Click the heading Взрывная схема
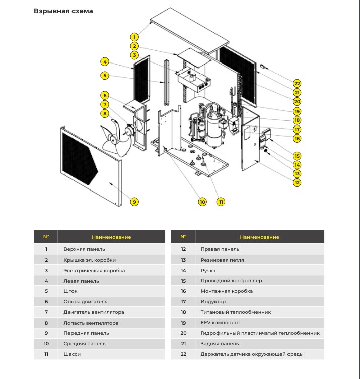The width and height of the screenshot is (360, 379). [x=63, y=11]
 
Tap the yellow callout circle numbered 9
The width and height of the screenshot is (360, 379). [x=134, y=202]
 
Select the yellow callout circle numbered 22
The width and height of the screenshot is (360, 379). [x=297, y=84]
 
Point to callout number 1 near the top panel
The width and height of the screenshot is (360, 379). [x=134, y=37]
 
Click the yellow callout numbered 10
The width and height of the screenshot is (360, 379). [x=202, y=202]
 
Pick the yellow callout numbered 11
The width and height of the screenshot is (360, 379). [x=221, y=202]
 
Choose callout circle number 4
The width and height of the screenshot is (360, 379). [x=105, y=62]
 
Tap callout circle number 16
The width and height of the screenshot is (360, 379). [x=297, y=138]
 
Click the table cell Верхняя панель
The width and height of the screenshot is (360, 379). [x=84, y=249]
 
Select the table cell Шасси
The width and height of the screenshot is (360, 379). [x=72, y=354]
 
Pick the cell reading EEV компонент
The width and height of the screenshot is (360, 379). [x=221, y=323]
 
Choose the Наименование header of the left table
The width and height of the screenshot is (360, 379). [x=111, y=237]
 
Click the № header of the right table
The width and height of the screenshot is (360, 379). [x=183, y=237]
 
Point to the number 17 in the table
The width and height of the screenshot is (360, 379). [x=183, y=302]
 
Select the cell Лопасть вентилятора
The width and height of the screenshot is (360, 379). [x=91, y=323]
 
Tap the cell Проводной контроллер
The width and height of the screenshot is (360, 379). [x=231, y=281]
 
